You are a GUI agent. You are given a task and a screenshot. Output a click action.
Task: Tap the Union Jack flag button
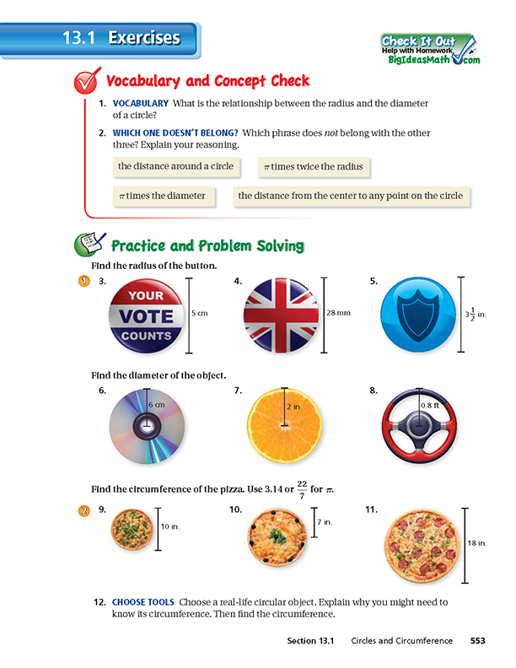(281, 316)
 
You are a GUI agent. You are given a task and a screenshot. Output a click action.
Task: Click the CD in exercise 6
(146, 428)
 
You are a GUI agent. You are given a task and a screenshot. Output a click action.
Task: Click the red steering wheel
(420, 428)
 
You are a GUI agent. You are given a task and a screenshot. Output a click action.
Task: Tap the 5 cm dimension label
(200, 313)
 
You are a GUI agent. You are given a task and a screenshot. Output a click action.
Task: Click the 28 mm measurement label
(338, 313)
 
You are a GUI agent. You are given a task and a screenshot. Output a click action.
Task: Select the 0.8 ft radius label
(430, 406)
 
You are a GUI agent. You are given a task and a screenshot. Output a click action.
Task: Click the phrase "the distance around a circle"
(175, 166)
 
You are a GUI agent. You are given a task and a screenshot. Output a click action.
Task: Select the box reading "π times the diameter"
(163, 196)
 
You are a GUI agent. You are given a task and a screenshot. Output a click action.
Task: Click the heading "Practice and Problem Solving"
(207, 246)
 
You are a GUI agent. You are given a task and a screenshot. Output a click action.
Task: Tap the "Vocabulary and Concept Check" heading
(207, 82)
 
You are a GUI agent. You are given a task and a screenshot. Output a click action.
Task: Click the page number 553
(478, 641)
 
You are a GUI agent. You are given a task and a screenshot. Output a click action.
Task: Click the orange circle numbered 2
(83, 510)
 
